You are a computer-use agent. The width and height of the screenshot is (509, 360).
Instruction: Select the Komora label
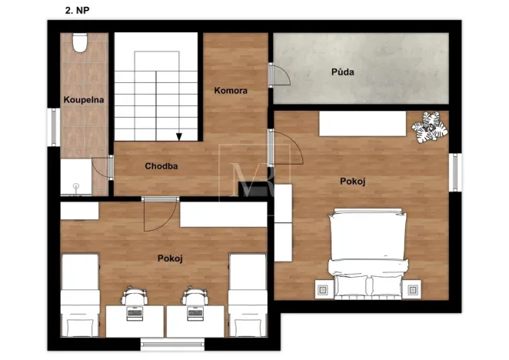(231, 91)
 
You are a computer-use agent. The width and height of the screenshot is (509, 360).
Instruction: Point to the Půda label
(342, 72)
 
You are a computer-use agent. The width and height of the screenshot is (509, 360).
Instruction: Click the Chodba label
(161, 165)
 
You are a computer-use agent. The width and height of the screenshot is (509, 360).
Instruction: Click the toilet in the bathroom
(79, 43)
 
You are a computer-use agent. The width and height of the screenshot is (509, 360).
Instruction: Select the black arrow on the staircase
(178, 137)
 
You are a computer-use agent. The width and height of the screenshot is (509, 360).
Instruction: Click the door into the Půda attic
(278, 75)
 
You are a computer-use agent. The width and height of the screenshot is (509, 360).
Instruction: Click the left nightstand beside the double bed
(322, 289)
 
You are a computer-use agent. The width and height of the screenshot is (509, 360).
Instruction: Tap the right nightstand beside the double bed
(413, 289)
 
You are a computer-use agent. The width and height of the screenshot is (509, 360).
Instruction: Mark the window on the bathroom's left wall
(53, 126)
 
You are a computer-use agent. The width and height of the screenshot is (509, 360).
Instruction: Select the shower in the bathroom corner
(76, 177)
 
